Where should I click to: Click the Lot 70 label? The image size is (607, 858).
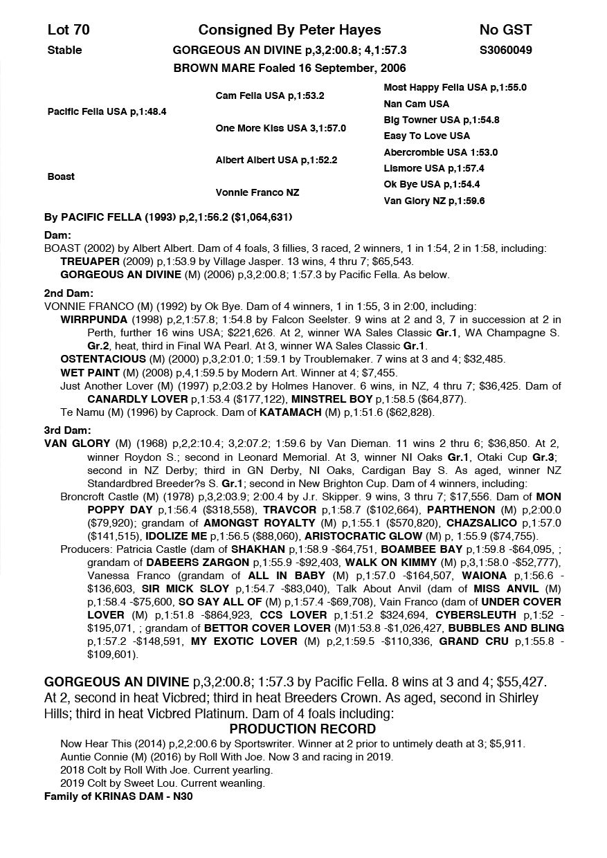click(x=69, y=30)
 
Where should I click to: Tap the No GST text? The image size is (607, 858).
click(x=505, y=30)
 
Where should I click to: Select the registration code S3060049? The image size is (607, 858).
click(x=505, y=50)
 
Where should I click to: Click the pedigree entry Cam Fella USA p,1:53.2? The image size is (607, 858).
click(x=270, y=96)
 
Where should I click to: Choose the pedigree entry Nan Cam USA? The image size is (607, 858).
click(x=416, y=104)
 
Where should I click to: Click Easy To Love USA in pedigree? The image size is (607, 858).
click(x=426, y=136)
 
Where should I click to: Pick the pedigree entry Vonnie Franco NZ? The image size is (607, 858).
click(x=257, y=192)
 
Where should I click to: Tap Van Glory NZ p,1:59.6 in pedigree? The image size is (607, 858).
click(x=434, y=201)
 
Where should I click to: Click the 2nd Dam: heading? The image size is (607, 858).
click(x=64, y=293)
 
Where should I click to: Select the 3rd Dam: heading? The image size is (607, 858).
click(x=64, y=430)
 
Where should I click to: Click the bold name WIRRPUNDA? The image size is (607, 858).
click(x=94, y=320)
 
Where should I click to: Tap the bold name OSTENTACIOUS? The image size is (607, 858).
click(x=103, y=359)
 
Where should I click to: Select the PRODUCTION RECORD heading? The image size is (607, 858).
click(x=302, y=729)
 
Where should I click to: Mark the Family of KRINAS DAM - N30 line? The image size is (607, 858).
click(x=118, y=796)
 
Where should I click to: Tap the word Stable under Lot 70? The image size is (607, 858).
click(x=64, y=50)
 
